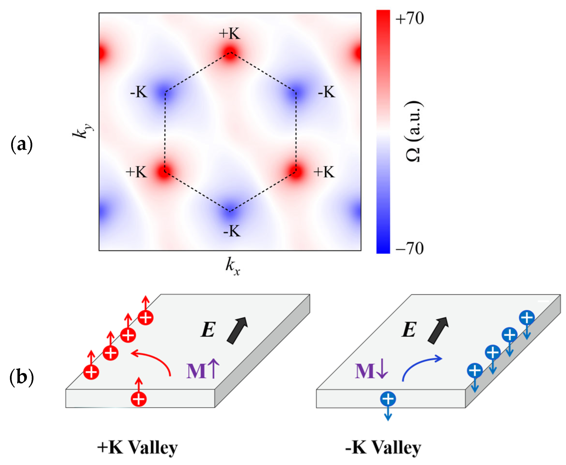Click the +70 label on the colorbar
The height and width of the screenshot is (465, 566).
[409, 19]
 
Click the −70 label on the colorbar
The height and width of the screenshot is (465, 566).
[409, 248]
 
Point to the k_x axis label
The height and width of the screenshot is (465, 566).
[232, 267]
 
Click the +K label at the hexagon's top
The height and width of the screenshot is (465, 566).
[229, 34]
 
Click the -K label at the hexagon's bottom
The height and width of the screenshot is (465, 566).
[232, 231]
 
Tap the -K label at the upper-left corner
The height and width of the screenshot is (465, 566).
[139, 92]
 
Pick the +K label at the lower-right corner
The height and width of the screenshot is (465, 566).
[324, 172]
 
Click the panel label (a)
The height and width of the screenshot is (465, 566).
[21, 145]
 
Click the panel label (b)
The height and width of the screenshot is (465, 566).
[21, 377]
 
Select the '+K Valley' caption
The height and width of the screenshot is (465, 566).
[138, 447]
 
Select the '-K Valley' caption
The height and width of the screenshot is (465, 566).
[383, 447]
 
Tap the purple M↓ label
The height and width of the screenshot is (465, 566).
[371, 371]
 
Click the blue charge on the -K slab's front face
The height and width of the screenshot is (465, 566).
[388, 399]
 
